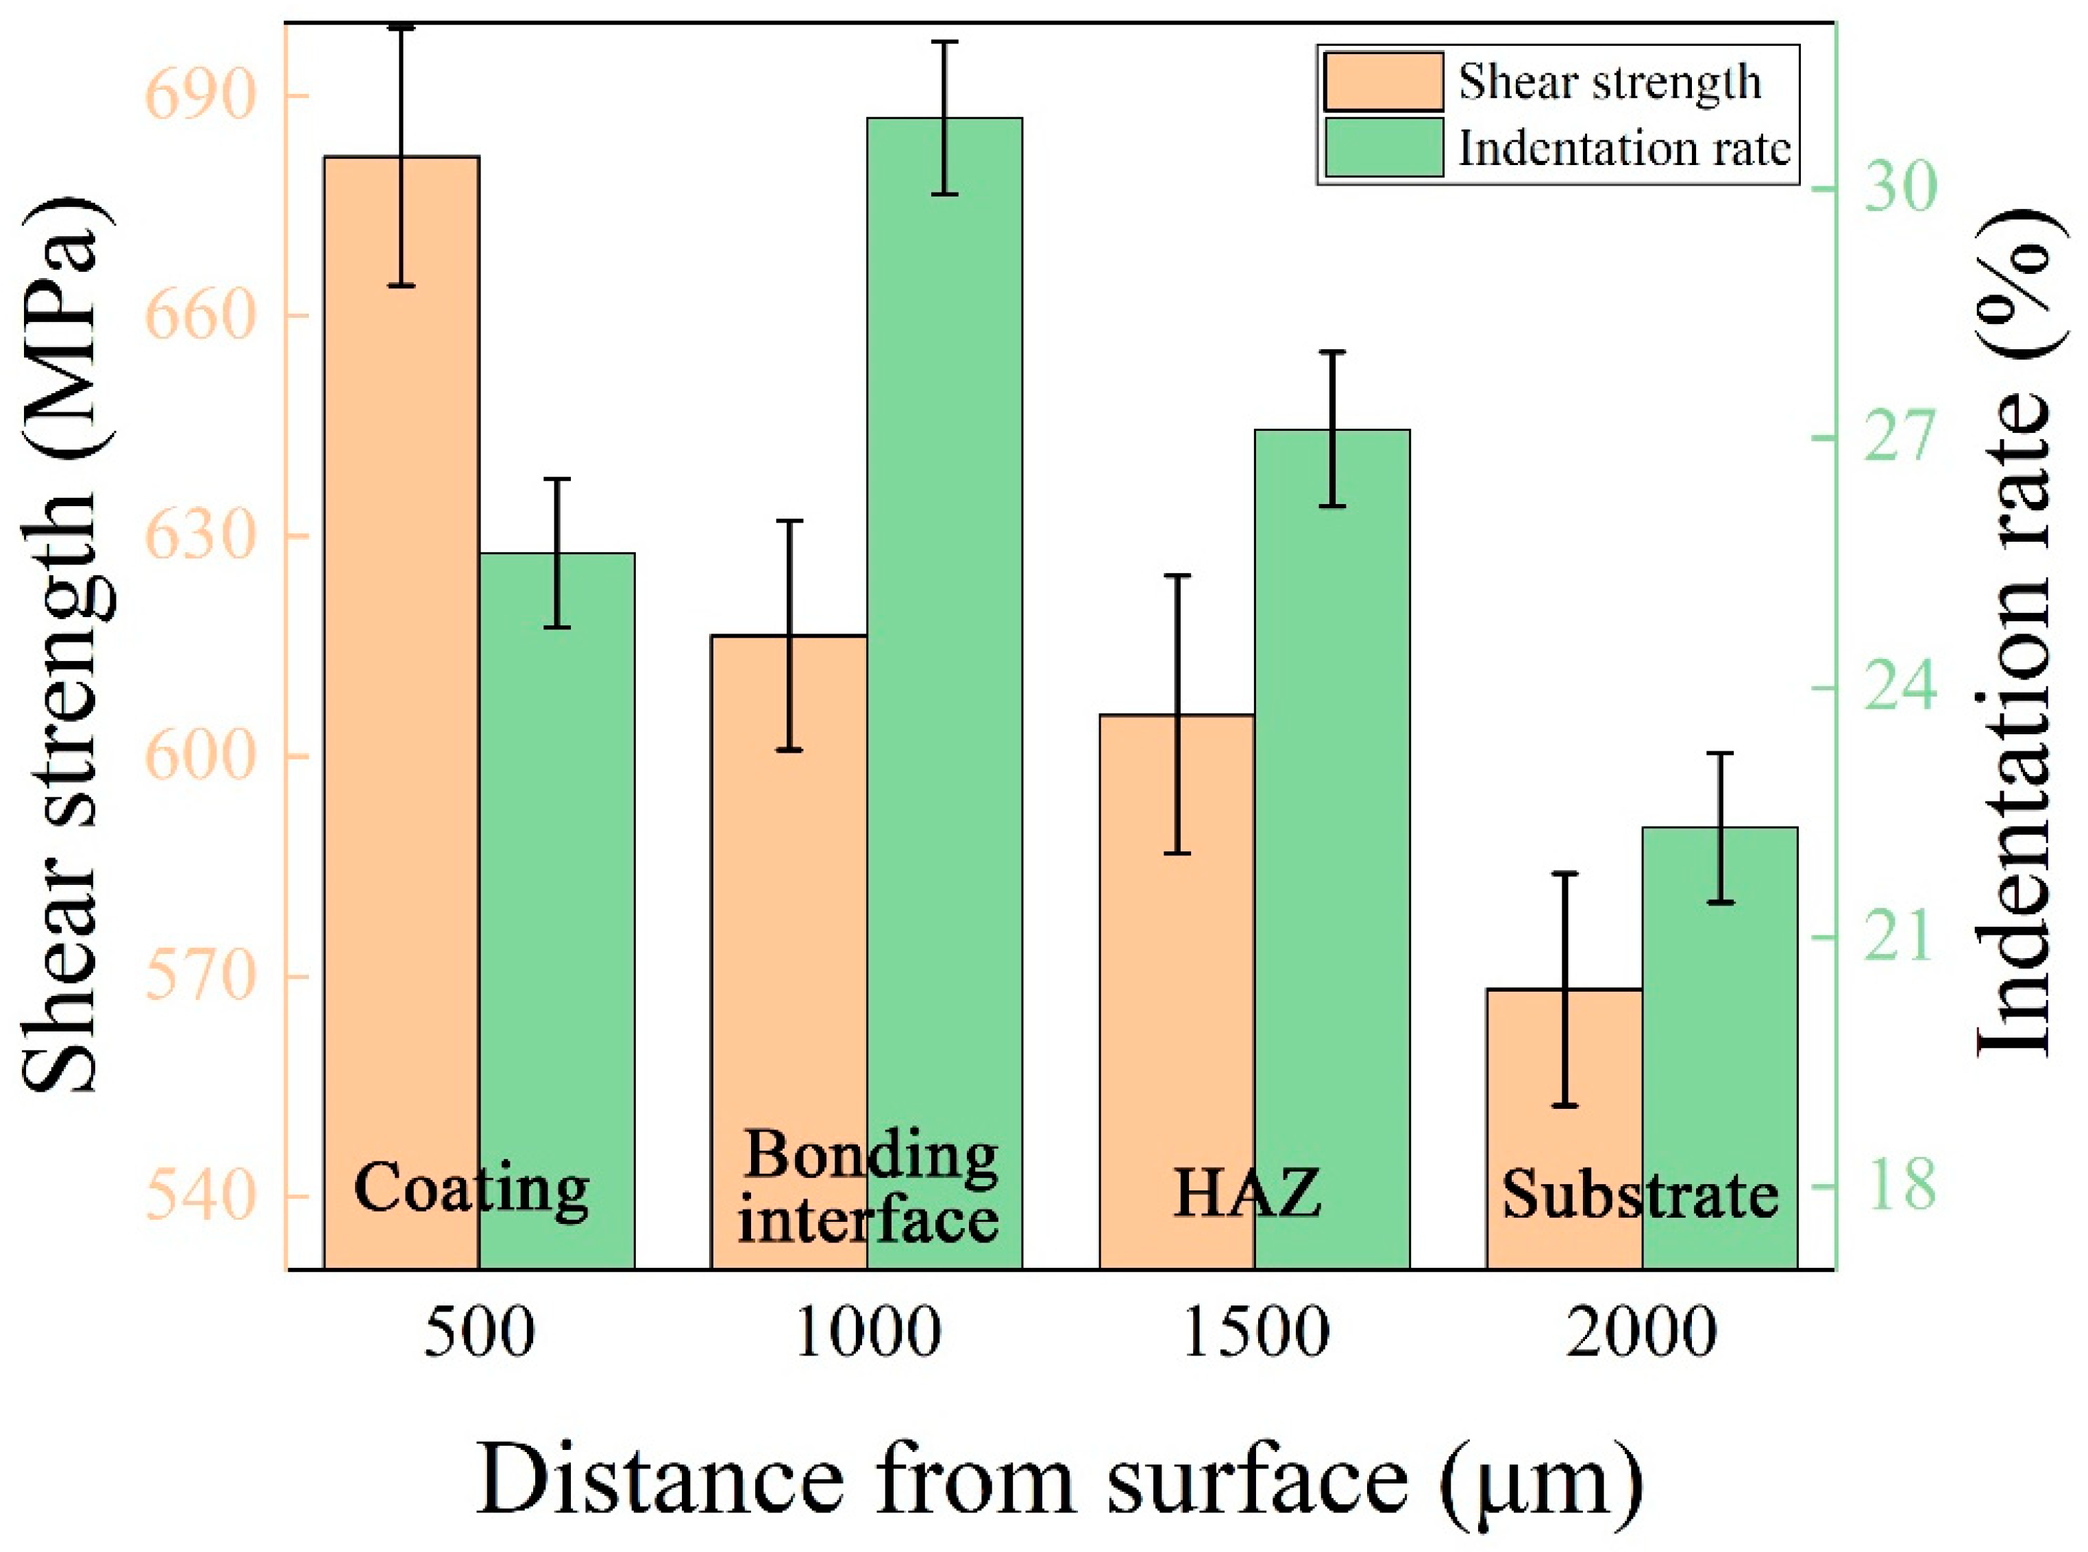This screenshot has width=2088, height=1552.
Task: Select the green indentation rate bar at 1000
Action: [x=944, y=658]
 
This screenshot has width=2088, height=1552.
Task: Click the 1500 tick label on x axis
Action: [x=1255, y=1332]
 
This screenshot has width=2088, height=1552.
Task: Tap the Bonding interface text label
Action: [x=868, y=1188]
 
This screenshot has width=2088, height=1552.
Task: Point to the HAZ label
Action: [x=1248, y=1193]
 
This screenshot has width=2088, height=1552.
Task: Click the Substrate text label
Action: [x=1641, y=1195]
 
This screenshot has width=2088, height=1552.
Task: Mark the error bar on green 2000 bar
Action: [x=1719, y=827]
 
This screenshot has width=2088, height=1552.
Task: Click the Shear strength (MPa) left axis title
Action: [x=61, y=648]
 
